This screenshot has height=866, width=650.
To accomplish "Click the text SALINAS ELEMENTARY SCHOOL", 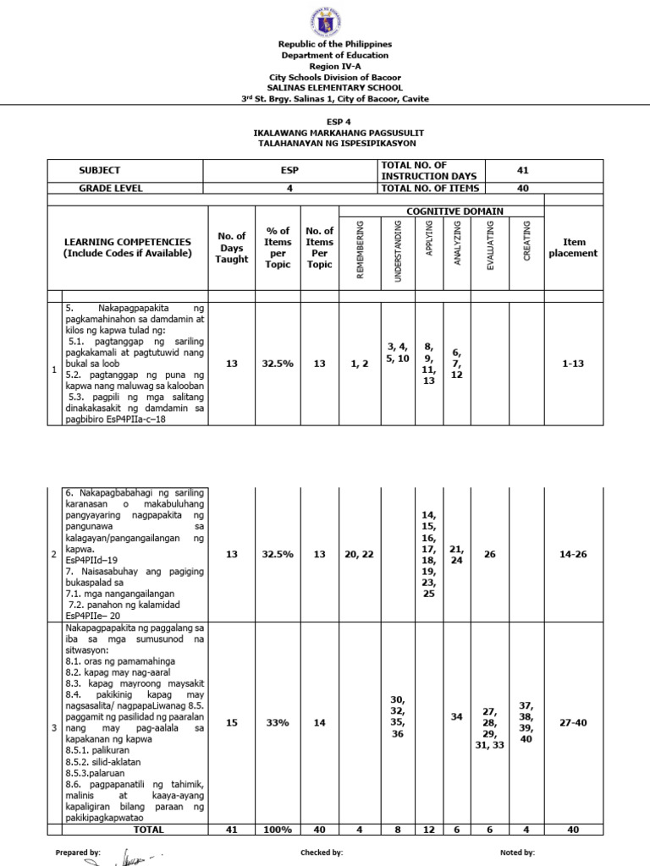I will (x=324, y=87).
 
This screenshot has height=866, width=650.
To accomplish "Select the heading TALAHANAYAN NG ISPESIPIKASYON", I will (x=324, y=144).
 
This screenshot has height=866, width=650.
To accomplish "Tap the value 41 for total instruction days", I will (x=522, y=170).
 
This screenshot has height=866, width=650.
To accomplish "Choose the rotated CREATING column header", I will (x=526, y=240).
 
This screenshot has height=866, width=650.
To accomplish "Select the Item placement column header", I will (x=573, y=248).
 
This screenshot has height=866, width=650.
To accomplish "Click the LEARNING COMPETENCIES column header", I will (x=132, y=248).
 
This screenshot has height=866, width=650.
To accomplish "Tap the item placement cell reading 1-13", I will (x=573, y=363).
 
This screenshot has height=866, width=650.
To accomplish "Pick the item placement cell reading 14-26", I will (x=573, y=554).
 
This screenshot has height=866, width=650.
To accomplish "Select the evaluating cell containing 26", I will (x=489, y=554).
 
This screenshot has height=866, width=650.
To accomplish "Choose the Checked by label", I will (x=322, y=853).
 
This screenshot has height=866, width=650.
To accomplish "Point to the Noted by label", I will (x=517, y=853).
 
